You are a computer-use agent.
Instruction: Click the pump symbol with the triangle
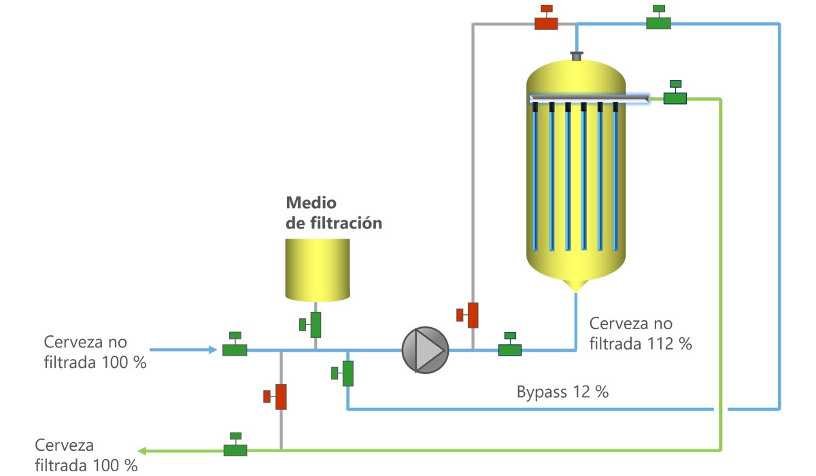tap(425, 350)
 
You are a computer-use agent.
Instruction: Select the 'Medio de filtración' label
tap(334, 213)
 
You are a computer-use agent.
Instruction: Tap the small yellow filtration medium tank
tap(318, 270)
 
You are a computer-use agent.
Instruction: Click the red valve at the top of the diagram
tap(546, 17)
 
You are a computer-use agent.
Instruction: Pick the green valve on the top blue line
tap(658, 17)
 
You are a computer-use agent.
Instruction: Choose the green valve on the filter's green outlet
tap(675, 92)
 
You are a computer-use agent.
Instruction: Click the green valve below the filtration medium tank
tap(310, 325)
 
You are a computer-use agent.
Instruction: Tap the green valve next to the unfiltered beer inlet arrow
tap(235, 344)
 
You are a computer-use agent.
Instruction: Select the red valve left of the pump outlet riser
tap(467, 315)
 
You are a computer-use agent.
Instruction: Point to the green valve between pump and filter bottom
tap(509, 344)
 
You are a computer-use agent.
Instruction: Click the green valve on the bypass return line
tap(343, 373)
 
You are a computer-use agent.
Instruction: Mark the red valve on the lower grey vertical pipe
tap(275, 396)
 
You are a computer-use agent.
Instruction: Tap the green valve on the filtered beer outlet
tap(235, 444)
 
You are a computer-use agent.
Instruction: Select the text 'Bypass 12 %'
tap(562, 392)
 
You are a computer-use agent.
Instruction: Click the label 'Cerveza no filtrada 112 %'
tap(641, 334)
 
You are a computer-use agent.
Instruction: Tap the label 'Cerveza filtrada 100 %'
tap(86, 455)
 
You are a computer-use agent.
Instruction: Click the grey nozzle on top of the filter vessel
tap(577, 56)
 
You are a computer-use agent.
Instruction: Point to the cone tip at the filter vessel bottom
tap(575, 292)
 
